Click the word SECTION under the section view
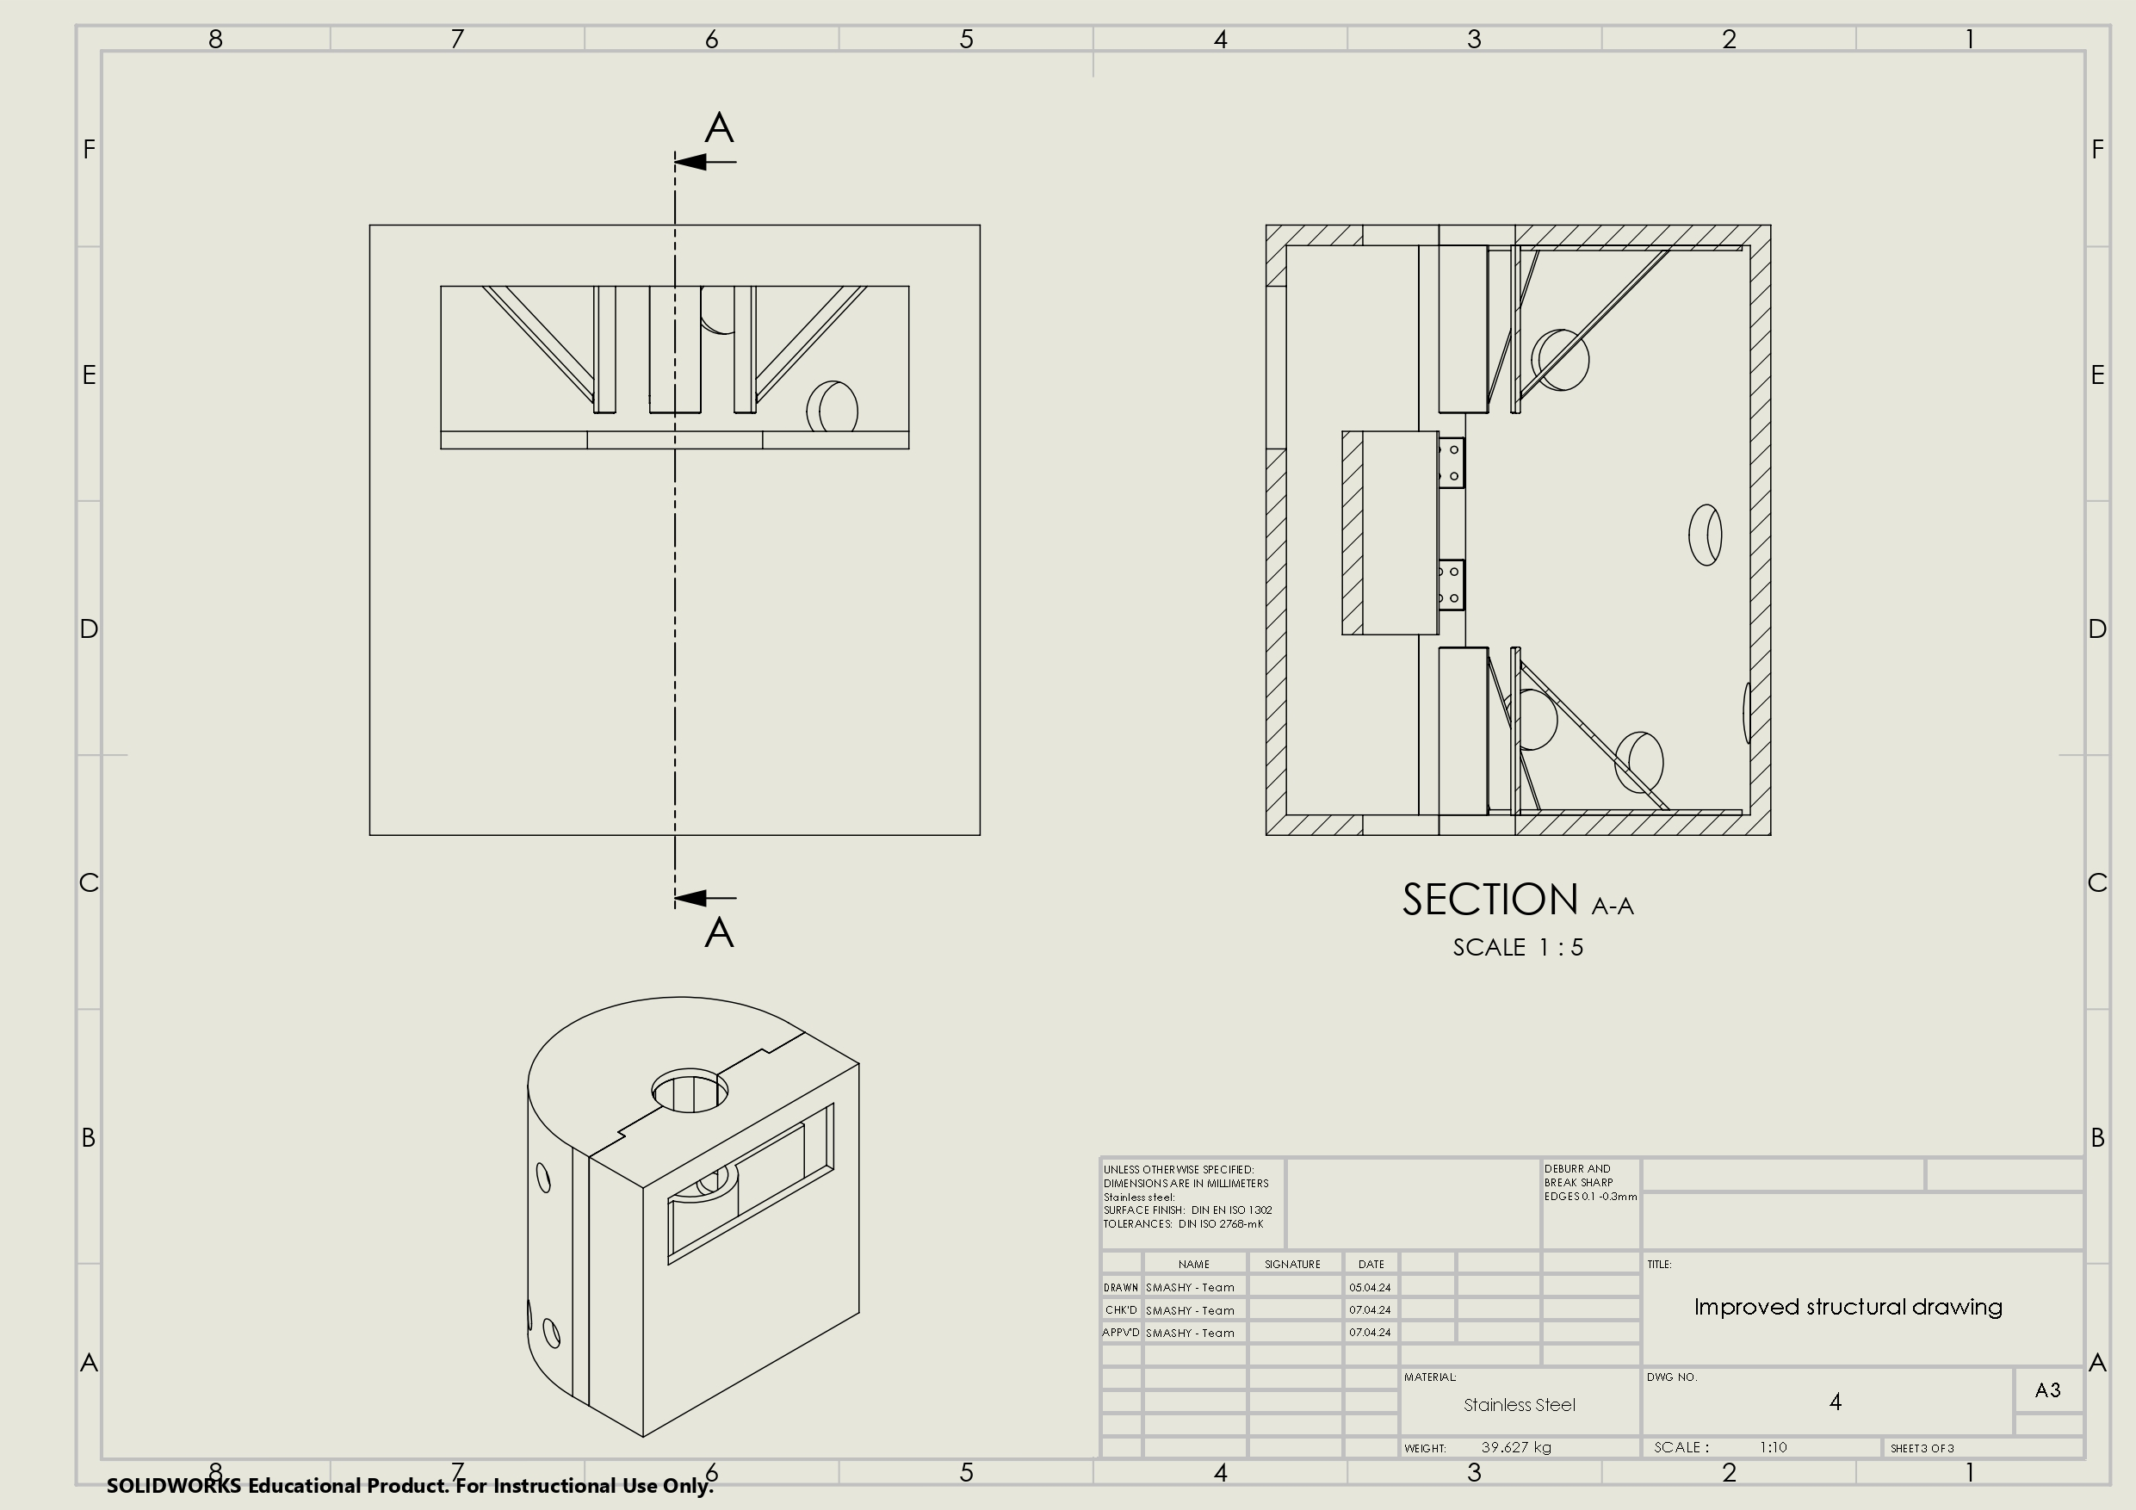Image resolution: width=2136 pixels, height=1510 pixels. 1489,900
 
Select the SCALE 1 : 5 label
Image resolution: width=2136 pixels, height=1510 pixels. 1517,947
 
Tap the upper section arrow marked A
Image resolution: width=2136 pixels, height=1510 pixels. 703,161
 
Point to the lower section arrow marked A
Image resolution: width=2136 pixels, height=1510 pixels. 703,898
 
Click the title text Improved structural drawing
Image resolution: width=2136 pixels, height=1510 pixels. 1848,1307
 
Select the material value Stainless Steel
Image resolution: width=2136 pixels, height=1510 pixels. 1520,1405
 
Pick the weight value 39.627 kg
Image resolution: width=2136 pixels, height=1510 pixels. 1515,1448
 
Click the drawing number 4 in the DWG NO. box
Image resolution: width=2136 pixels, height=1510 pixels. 1835,1402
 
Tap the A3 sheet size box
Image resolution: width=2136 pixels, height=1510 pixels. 2046,1390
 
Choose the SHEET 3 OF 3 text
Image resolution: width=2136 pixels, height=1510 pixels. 1922,1449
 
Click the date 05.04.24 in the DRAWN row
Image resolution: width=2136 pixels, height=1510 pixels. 1370,1288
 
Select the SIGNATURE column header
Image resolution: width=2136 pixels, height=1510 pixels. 1292,1265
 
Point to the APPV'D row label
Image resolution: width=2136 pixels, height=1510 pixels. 1120,1333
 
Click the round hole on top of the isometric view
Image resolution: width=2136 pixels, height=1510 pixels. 690,1091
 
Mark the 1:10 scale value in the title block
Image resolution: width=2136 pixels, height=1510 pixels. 1772,1448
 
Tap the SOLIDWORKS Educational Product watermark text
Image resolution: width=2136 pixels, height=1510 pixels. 409,1486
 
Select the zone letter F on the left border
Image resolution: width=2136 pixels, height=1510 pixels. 90,149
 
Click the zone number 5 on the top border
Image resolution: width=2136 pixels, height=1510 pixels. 966,39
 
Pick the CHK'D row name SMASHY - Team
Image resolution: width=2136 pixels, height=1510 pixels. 1190,1310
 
